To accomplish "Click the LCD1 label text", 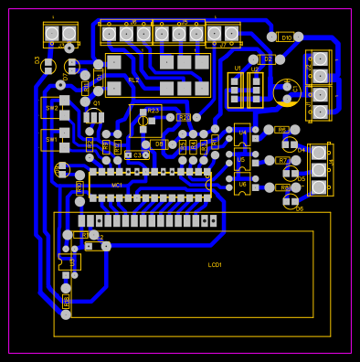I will [x=215, y=264].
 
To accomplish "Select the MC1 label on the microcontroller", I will [x=117, y=185].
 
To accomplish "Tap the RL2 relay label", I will [x=133, y=80].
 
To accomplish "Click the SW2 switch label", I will [x=51, y=108].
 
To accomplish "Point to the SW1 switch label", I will [x=51, y=139].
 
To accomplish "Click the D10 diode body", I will [x=286, y=37].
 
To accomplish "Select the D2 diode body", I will [x=267, y=59].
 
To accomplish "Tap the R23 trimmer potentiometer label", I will [x=153, y=110].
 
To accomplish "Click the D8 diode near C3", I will [x=158, y=144].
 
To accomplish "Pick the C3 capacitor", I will [x=137, y=155].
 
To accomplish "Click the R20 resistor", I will [x=184, y=118].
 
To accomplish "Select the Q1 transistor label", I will [x=97, y=103].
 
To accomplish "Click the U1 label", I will [x=238, y=69].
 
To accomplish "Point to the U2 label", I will [x=255, y=69].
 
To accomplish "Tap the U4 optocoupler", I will [x=242, y=133].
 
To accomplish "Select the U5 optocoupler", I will [x=242, y=160].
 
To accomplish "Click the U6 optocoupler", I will [x=242, y=185].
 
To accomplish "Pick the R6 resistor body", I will [x=281, y=130].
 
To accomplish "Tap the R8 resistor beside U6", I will [x=284, y=187].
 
